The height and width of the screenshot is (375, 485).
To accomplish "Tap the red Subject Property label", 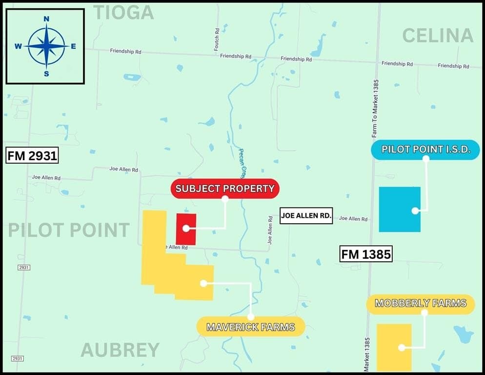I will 225,188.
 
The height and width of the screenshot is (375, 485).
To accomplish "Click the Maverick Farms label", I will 251,327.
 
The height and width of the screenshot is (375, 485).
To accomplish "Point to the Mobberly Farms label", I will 420,304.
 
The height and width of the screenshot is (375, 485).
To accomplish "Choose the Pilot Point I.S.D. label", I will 425,149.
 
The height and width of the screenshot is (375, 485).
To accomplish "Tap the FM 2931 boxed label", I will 33,156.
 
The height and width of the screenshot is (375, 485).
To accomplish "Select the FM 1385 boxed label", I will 366,254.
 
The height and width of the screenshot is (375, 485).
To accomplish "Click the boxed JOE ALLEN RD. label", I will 306,215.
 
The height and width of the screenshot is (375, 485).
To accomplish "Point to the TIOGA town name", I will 123,13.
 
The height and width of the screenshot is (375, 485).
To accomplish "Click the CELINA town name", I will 438,35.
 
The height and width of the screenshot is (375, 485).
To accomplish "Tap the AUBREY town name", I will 120,350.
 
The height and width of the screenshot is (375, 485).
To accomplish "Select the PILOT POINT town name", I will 69,230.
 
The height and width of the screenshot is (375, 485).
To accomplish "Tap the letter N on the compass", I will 46,19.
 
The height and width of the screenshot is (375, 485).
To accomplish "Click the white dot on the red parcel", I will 186,228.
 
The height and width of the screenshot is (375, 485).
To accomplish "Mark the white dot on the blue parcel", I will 415,211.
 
